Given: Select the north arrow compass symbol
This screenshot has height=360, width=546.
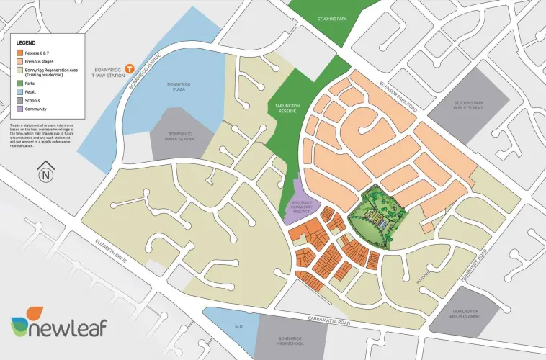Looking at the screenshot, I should pos(46,174).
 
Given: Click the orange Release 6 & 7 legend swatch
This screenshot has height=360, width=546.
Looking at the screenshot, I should pos(20,53).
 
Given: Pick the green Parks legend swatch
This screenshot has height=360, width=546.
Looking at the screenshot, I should pos(20,83).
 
